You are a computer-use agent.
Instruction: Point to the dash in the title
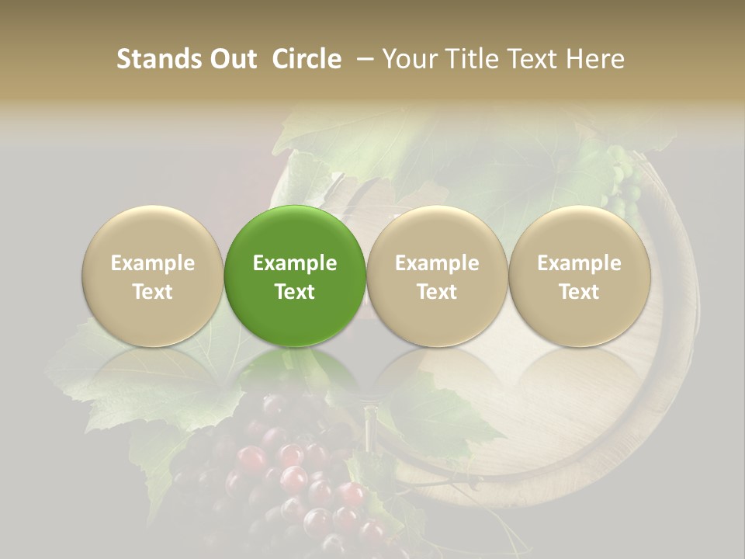coord(363,59)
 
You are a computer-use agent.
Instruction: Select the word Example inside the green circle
coord(295,263)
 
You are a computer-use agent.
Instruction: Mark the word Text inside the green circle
coord(295,292)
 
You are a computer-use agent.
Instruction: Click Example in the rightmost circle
coord(580,263)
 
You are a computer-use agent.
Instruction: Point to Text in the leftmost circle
coord(153,292)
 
